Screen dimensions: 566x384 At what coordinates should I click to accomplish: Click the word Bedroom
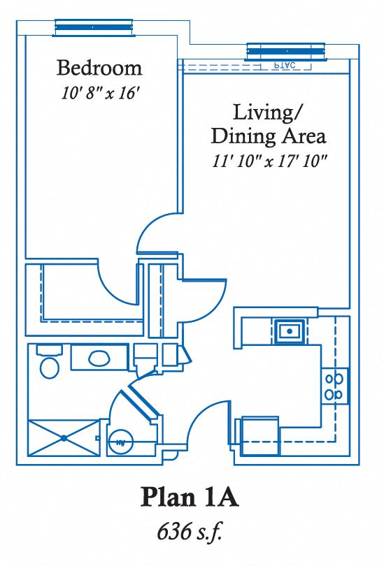pyautogui.click(x=99, y=68)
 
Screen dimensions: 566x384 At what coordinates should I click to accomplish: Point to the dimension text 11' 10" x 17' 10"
pyautogui.click(x=270, y=161)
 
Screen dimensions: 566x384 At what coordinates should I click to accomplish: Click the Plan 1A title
pyautogui.click(x=190, y=498)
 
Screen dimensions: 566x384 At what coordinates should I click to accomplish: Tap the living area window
pyautogui.click(x=285, y=50)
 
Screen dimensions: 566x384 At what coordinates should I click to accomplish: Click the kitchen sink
pyautogui.click(x=288, y=331)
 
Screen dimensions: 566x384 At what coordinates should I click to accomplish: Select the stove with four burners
pyautogui.click(x=334, y=386)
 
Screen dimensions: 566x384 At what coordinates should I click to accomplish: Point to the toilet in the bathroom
pyautogui.click(x=49, y=364)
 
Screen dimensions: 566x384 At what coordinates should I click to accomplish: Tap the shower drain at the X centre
pyautogui.click(x=64, y=438)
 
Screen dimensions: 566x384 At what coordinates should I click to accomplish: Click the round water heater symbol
pyautogui.click(x=120, y=442)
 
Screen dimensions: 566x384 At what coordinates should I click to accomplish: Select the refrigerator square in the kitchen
pyautogui.click(x=260, y=435)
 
